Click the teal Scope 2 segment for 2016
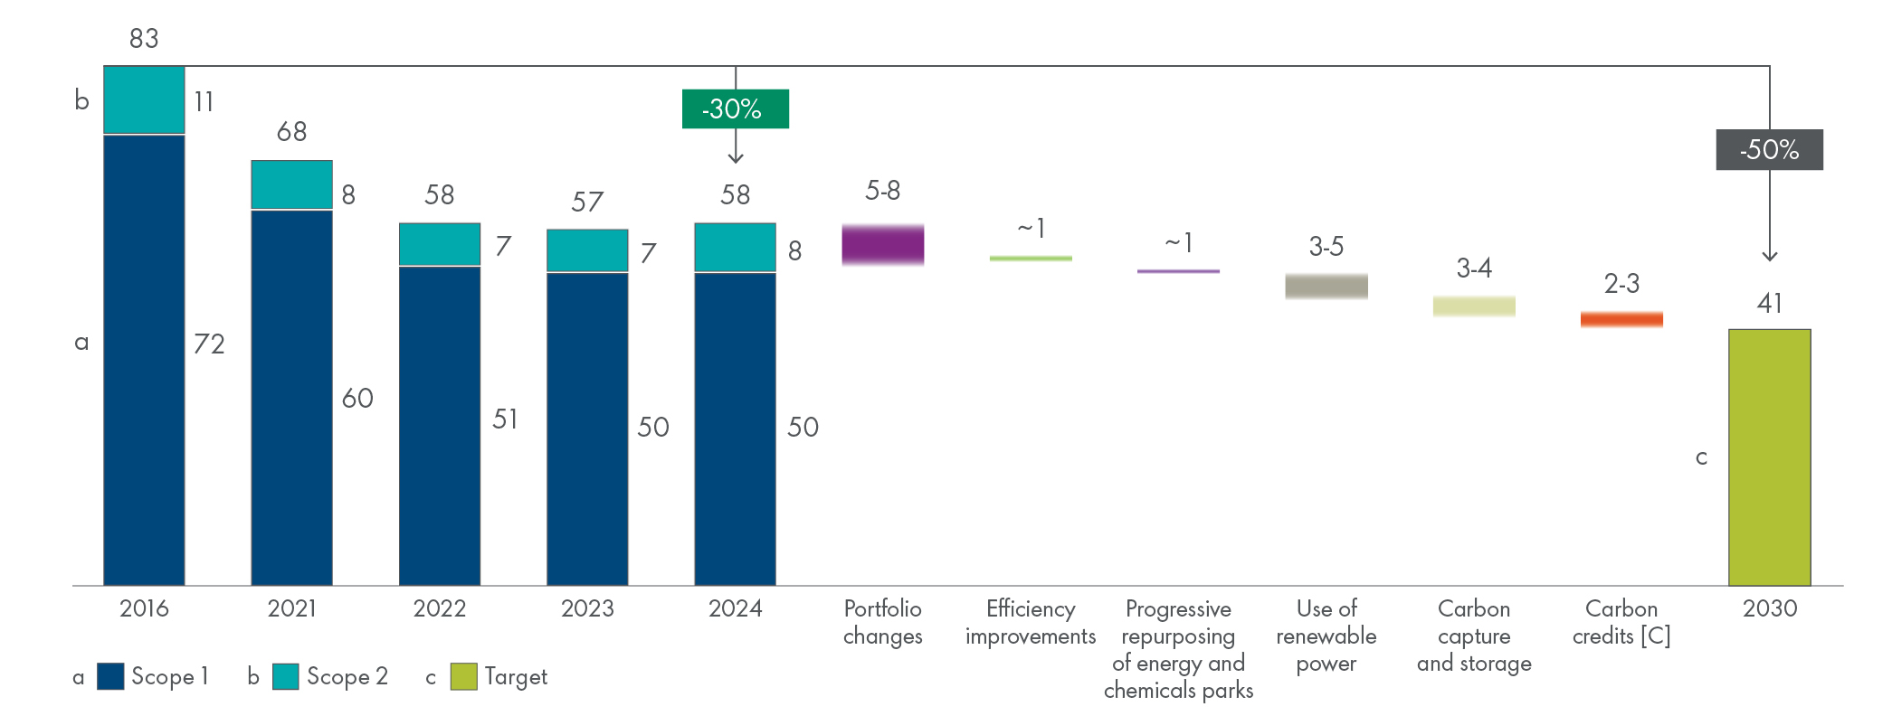(144, 99)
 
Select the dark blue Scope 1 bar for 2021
(291, 397)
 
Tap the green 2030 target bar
(1769, 457)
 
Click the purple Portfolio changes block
(882, 244)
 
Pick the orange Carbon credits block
(1621, 319)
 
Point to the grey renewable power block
(1326, 286)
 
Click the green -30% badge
(735, 108)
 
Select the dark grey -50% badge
(1769, 149)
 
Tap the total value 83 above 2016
(144, 38)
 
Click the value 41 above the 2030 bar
(1769, 303)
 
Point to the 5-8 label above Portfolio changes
(882, 190)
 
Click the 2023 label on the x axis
(587, 608)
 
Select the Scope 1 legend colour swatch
(110, 676)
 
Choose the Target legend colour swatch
(463, 676)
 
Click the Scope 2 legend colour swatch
(285, 676)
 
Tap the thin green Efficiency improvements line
(1031, 259)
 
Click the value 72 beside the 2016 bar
(209, 344)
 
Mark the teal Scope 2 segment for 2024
(735, 247)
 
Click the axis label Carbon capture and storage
(1473, 636)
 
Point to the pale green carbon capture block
(1473, 306)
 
